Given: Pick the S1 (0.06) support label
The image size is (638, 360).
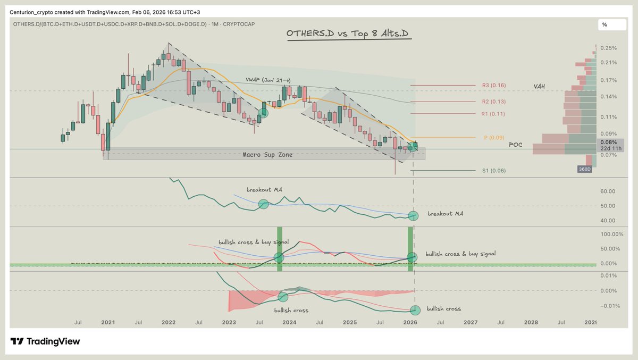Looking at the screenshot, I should tap(494, 171).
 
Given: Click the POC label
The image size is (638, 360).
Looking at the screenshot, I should tap(516, 145).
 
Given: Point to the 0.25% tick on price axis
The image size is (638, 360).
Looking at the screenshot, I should tap(608, 48).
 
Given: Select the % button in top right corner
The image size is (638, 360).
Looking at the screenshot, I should tap(605, 24).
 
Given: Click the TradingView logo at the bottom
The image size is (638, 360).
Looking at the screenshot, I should tap(46, 341).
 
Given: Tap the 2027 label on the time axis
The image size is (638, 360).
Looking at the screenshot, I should tap(470, 323).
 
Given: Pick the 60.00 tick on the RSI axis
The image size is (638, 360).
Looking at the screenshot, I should tap(607, 191).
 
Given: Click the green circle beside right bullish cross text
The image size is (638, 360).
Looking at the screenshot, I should tap(415, 310).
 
